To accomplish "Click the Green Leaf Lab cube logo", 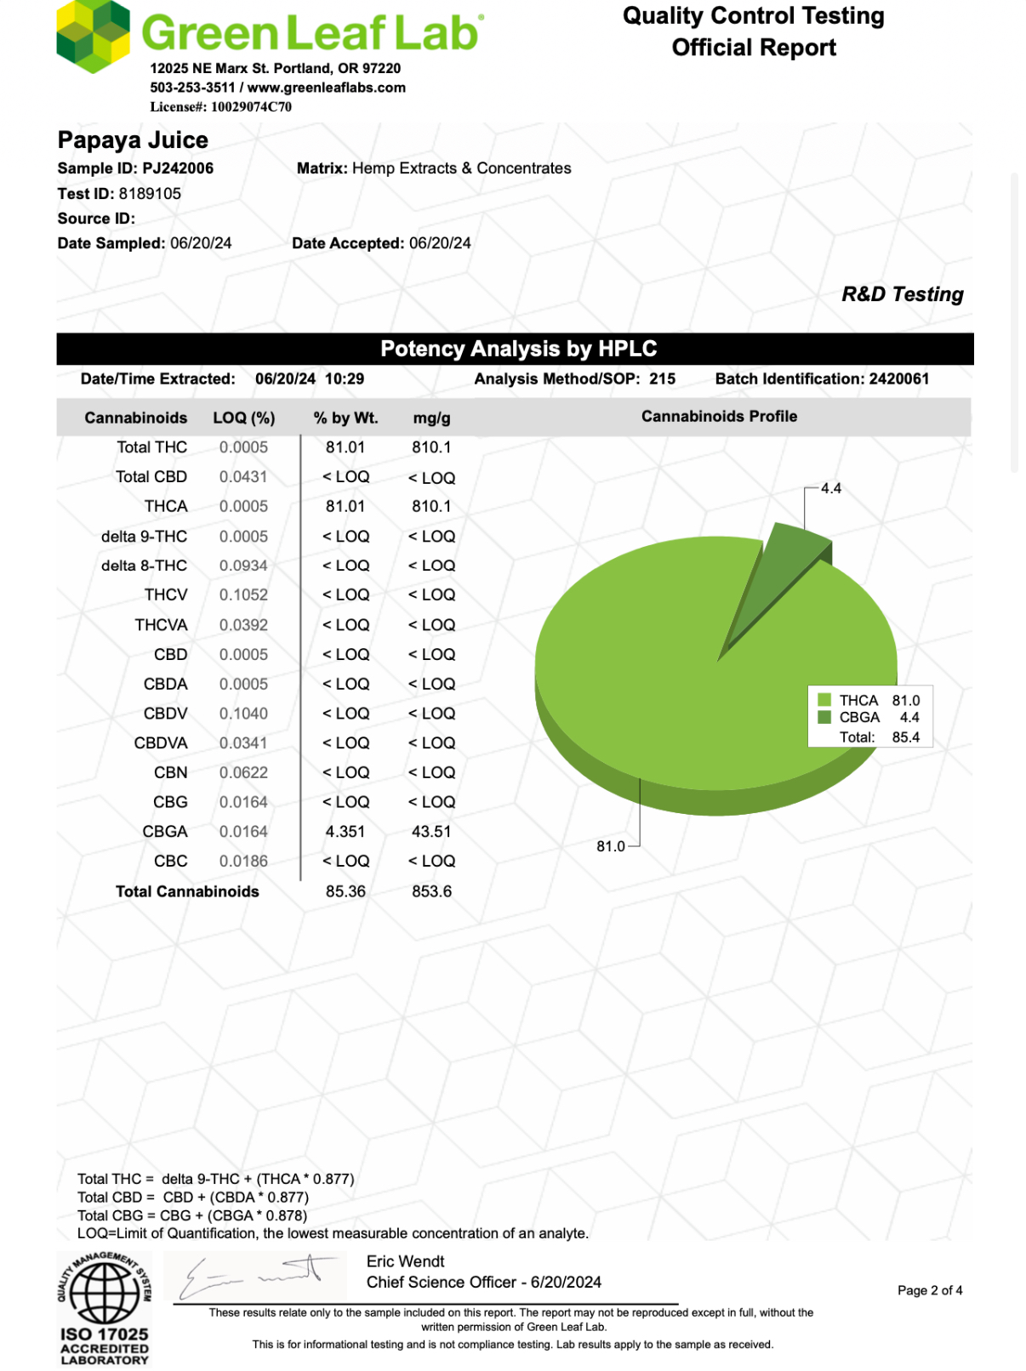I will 93,36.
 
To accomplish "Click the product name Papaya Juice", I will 133,140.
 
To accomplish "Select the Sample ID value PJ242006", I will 178,168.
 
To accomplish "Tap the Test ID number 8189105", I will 150,194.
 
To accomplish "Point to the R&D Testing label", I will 902,294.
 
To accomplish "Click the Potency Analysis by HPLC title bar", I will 518,349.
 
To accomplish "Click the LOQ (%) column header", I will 243,418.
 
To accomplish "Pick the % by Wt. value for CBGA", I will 345,832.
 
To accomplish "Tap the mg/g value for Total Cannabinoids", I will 431,891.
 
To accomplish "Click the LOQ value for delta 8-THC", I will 243,566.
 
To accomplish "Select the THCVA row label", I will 161,625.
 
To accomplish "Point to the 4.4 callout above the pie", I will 830,488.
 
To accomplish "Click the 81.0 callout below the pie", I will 610,846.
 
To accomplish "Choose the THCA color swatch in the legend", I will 824,700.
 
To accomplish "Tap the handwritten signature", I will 255,1276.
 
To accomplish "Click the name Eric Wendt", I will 405,1261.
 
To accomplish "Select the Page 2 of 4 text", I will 929,1290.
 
